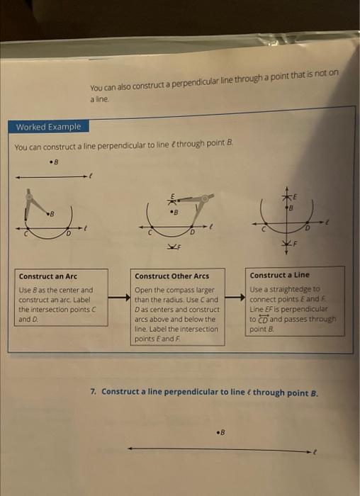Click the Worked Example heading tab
click(48, 127)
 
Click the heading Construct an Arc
click(47, 276)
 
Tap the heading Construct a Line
click(280, 274)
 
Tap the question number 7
click(94, 391)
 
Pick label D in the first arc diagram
click(69, 233)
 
